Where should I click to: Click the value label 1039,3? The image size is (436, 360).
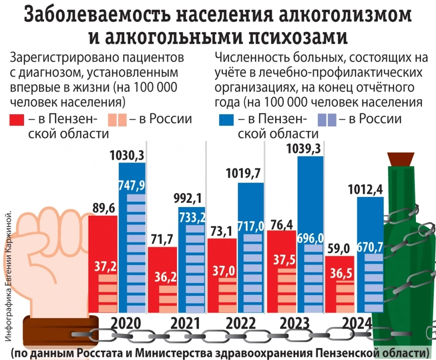coord(304,149)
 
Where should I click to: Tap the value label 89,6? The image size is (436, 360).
coord(103,208)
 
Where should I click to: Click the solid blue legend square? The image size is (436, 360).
coord(225,120)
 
